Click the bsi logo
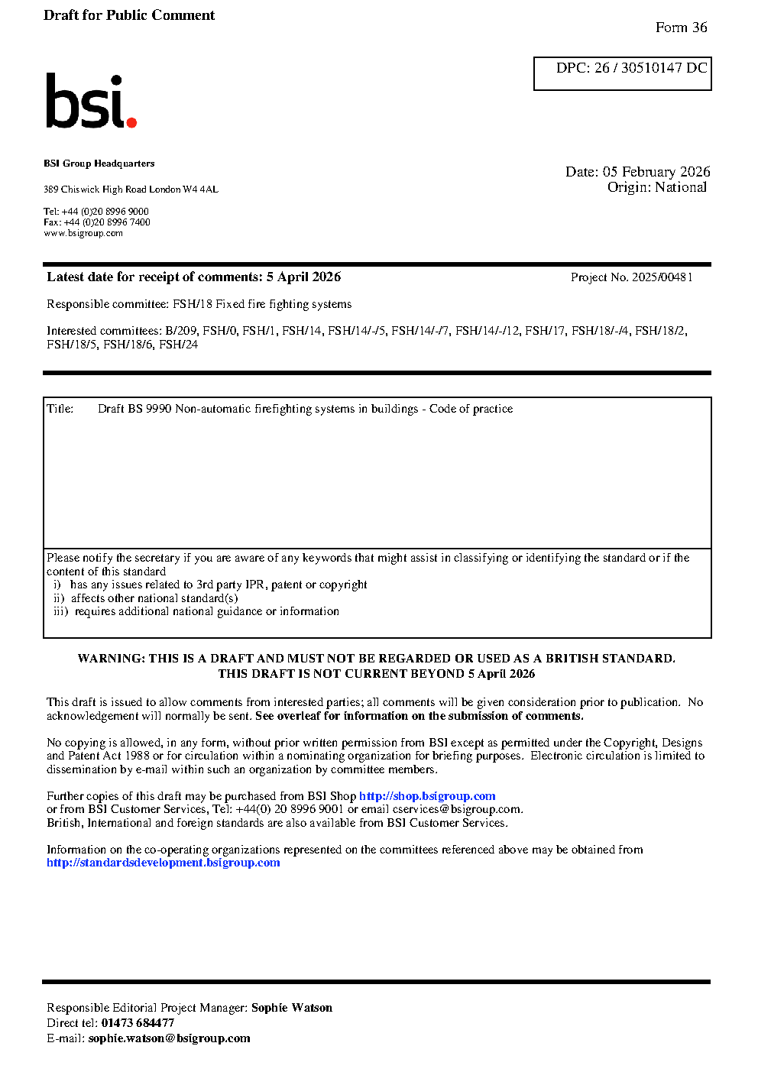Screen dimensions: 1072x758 pos(90,102)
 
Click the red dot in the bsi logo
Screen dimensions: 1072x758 pos(131,121)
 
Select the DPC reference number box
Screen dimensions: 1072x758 pos(622,73)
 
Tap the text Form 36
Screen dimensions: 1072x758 pos(681,28)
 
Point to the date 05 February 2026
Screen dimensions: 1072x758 pos(656,172)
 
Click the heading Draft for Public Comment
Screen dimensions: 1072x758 pos(129,15)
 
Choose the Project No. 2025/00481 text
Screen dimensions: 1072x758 pos(631,277)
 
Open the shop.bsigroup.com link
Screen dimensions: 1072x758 pos(427,796)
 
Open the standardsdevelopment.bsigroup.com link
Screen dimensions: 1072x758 pos(164,863)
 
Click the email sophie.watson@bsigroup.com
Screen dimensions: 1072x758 pos(169,1038)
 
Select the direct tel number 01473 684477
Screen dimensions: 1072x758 pos(138,1023)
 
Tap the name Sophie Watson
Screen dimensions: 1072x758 pos(292,1008)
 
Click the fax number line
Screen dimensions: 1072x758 pos(97,222)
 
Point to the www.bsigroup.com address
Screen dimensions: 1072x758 pos(83,233)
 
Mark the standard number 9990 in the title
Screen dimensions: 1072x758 pos(159,409)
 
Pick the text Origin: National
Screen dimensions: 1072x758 pos(657,187)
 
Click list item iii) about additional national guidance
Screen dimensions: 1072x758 pos(196,611)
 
